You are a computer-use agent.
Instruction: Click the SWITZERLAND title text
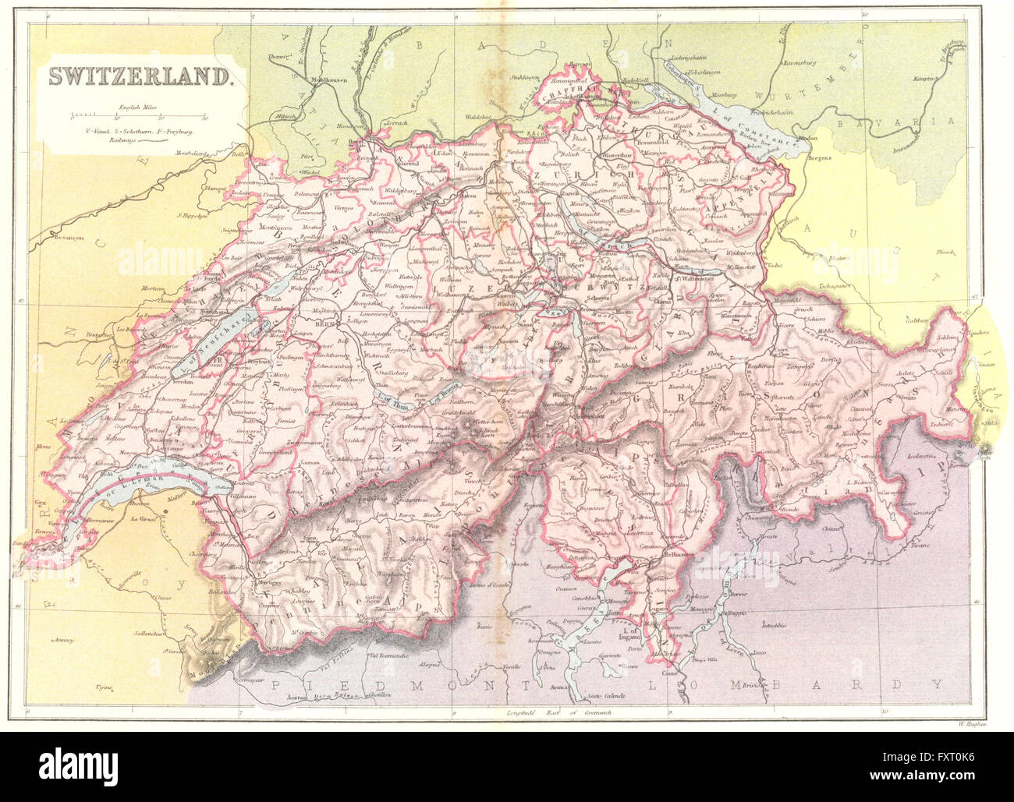[140, 76]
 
